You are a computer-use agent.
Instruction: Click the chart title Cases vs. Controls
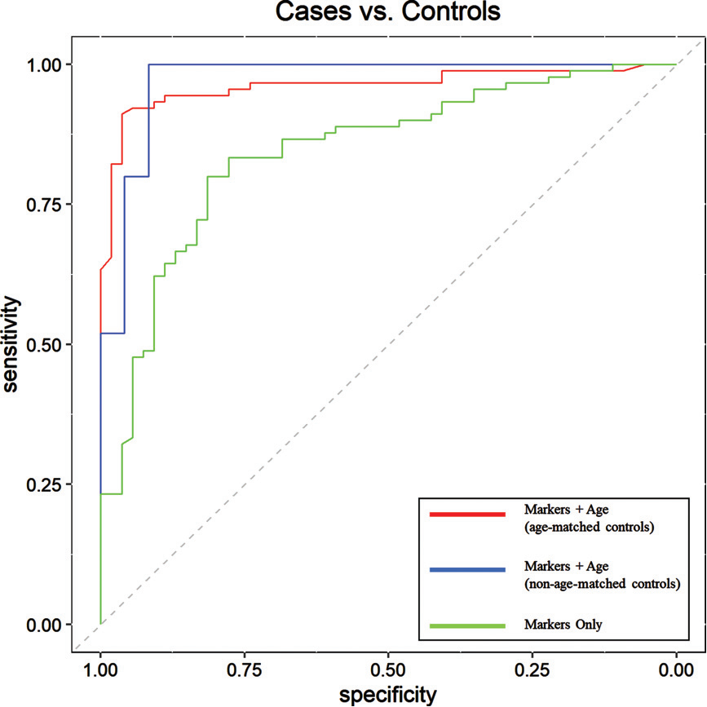387,13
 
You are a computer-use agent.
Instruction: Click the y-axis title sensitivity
11,344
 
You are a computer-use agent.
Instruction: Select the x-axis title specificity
387,695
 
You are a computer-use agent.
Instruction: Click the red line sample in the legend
468,514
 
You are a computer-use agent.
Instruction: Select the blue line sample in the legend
468,570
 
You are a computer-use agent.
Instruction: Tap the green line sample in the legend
468,625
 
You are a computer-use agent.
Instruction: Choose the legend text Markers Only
563,625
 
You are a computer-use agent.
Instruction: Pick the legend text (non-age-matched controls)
602,582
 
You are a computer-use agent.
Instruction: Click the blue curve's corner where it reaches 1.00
148,64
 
